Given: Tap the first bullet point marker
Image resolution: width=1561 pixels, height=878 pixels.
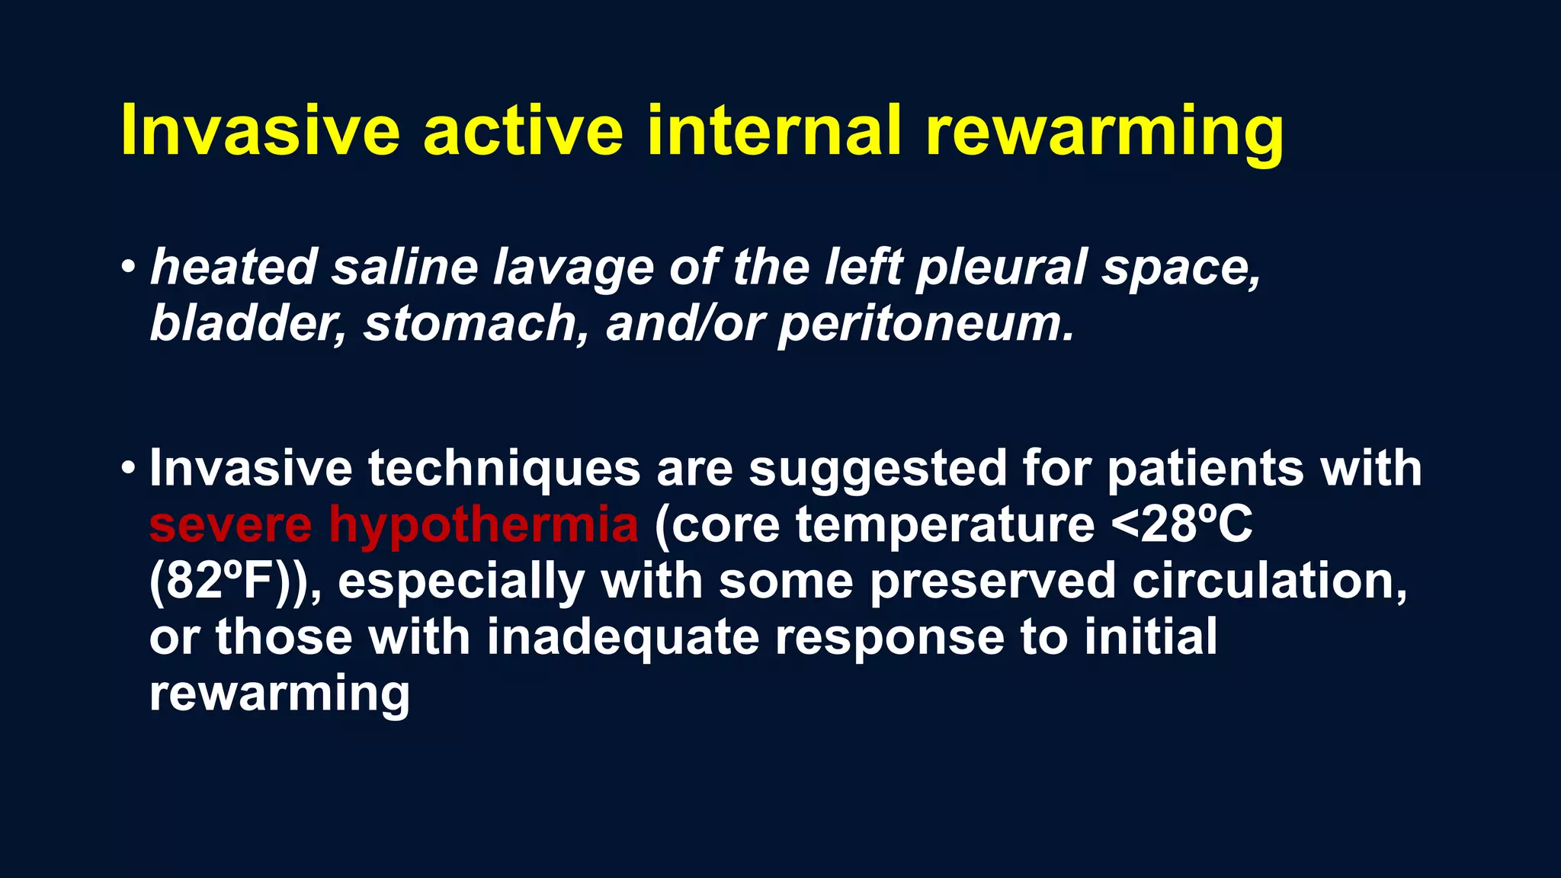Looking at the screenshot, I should pos(129,268).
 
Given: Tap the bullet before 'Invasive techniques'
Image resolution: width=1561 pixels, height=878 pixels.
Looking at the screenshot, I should pos(129,467).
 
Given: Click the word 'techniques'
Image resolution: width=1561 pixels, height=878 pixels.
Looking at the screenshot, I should pos(504,468).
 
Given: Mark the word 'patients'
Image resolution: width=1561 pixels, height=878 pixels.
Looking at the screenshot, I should pos(1205,468).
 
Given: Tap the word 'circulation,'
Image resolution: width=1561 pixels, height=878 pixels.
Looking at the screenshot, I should pos(1269,582).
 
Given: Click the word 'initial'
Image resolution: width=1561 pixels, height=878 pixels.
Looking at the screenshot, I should pos(1150,636).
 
